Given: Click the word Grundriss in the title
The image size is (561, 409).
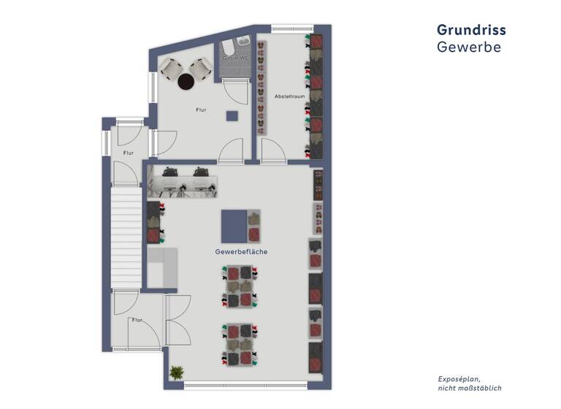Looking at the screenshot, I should coord(471,30).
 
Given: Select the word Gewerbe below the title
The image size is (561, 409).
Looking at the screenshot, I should coord(468,47).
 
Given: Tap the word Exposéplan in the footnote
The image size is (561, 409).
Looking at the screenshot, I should coord(459,379).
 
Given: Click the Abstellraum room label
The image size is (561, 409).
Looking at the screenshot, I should coord(289,96).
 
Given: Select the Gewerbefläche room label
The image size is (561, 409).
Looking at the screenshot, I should coord(241,251).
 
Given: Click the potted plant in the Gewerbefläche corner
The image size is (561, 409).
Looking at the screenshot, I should coord(176,373).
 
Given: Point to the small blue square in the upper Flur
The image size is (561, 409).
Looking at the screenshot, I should coord(232,115).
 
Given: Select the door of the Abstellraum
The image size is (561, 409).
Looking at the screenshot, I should coord(273,150).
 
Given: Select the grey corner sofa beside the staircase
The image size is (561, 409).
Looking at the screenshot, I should coord(162,267).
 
